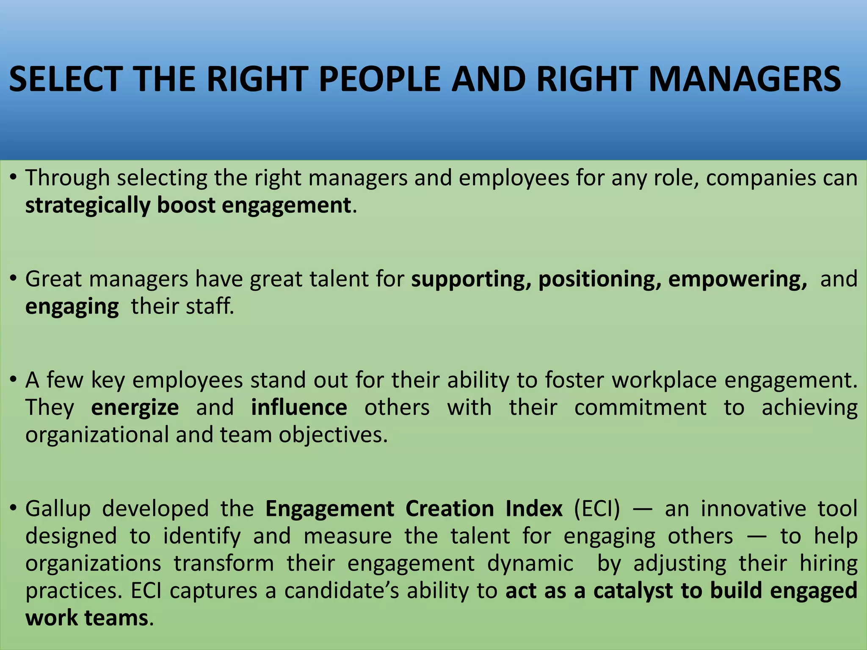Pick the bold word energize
tap(135, 408)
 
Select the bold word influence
tap(299, 408)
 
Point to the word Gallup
tap(58, 509)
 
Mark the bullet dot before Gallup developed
tap(14, 508)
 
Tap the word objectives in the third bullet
tap(333, 435)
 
